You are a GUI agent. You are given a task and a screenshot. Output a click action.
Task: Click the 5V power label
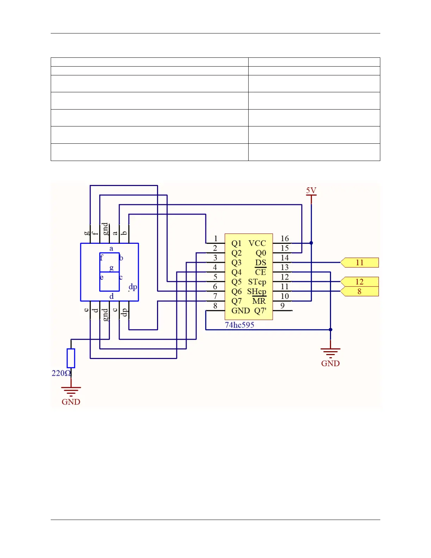(x=311, y=191)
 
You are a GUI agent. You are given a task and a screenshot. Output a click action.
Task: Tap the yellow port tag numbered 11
(x=360, y=262)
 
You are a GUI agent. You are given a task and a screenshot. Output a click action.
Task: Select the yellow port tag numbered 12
(x=360, y=282)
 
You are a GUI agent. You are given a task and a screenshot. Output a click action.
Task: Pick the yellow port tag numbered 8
(x=360, y=291)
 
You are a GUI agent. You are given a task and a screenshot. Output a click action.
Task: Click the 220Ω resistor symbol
(x=71, y=358)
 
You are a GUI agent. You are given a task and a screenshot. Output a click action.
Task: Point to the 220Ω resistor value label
(x=61, y=373)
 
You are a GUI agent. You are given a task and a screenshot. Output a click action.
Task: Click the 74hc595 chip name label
(x=239, y=325)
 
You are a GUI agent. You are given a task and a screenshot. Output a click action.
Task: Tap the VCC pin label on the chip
(x=257, y=243)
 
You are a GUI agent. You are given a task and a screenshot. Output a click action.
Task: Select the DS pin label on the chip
(x=261, y=263)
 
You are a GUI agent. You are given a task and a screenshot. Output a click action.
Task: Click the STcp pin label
(x=257, y=282)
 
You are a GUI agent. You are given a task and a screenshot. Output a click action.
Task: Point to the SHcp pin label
(x=257, y=292)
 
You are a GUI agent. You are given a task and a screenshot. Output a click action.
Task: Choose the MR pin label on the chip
(x=259, y=301)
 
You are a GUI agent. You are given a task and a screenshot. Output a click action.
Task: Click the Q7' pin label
(x=261, y=311)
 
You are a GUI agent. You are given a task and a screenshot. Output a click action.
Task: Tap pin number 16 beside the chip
(x=285, y=239)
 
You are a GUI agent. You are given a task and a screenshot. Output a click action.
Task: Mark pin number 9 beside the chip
(x=282, y=306)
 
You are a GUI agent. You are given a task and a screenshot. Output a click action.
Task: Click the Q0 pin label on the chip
(x=261, y=253)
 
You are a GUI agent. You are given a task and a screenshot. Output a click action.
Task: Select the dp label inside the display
(x=133, y=286)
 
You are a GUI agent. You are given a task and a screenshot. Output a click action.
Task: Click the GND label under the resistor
(x=71, y=402)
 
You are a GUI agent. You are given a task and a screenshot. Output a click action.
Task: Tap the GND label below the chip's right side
(x=330, y=364)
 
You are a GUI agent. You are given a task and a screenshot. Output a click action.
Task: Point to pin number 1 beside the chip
(x=216, y=239)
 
